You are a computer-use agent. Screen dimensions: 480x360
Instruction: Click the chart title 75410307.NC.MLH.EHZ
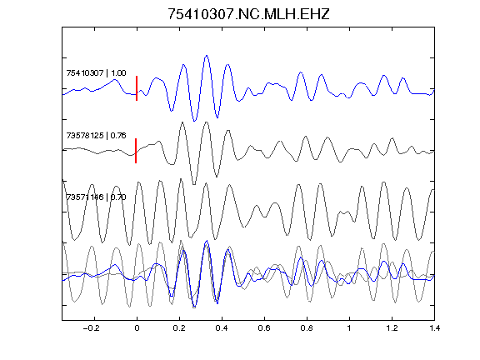[x=248, y=14]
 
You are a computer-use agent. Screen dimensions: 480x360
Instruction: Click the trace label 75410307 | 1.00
[x=96, y=73]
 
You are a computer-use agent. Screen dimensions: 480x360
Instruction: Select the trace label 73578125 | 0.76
[x=96, y=135]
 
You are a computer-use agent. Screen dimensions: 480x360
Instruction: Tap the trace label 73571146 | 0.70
[x=96, y=197]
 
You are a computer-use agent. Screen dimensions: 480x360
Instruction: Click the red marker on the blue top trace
[x=137, y=88]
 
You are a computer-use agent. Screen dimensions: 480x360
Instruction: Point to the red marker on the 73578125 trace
[x=136, y=151]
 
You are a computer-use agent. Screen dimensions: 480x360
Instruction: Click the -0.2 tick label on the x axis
[x=92, y=328]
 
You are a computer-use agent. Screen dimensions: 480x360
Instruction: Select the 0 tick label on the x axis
[x=137, y=328]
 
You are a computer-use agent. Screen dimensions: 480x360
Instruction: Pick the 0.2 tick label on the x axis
[x=179, y=328]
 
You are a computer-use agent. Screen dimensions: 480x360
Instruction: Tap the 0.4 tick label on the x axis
[x=222, y=328]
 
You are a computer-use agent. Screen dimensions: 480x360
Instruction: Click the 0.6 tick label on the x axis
[x=264, y=328]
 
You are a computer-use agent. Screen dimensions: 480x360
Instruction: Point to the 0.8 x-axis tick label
[x=307, y=328]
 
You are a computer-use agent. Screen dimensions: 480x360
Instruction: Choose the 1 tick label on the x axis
[x=349, y=328]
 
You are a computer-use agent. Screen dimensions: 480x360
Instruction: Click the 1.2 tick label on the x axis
[x=392, y=328]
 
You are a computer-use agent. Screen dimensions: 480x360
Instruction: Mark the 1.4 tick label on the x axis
[x=434, y=328]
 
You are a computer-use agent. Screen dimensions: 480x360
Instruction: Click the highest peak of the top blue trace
[x=207, y=56]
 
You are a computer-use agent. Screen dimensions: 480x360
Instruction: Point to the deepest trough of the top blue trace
[x=194, y=121]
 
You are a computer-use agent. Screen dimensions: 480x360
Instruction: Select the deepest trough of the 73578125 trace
[x=194, y=184]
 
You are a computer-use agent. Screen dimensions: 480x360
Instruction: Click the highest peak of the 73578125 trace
[x=207, y=122]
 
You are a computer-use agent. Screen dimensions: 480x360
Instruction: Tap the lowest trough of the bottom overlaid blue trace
[x=194, y=307]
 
